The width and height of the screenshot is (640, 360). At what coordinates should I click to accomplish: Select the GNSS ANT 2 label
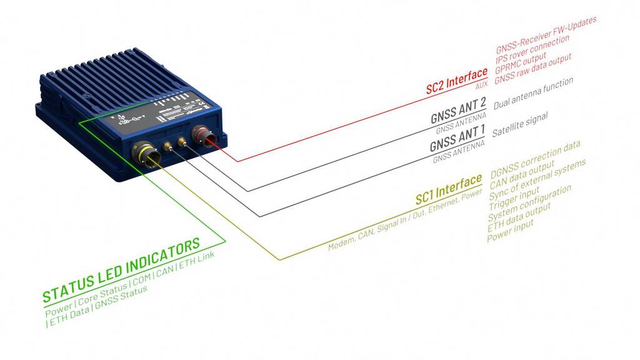[x=457, y=111]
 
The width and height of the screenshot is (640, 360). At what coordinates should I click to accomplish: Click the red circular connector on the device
[x=205, y=134]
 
